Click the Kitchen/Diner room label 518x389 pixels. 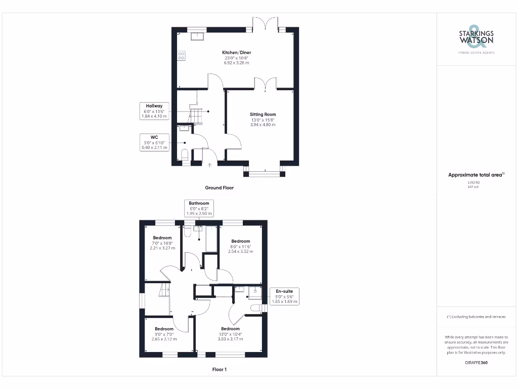(x=237, y=57)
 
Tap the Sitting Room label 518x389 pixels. (x=263, y=119)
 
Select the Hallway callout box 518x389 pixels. (x=154, y=111)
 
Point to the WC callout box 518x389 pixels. (x=154, y=142)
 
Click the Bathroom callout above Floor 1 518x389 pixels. (x=199, y=208)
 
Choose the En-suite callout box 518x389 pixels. (x=284, y=296)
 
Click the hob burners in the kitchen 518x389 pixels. (x=181, y=55)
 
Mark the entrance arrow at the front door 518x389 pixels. (x=210, y=164)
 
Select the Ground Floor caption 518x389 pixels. (x=219, y=187)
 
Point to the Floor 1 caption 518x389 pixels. (x=219, y=369)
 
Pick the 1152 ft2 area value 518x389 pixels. (x=473, y=182)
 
